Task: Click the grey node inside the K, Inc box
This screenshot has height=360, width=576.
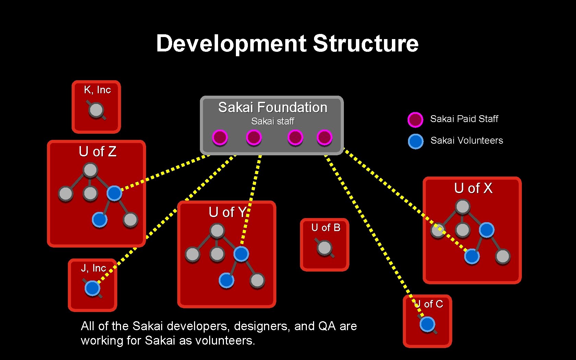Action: tap(96, 110)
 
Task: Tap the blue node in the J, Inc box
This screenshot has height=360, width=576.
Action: tap(92, 288)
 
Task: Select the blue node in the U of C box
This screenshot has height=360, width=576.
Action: tap(427, 324)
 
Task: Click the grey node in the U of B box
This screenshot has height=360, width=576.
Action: tap(324, 248)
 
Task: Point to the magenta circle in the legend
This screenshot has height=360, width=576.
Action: tap(415, 119)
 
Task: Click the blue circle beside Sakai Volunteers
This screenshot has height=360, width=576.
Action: tap(416, 141)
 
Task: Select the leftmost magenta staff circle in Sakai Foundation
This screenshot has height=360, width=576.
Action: tap(220, 137)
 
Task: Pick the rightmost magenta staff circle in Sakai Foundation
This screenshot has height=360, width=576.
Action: tap(324, 137)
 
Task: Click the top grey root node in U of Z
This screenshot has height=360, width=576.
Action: tap(90, 170)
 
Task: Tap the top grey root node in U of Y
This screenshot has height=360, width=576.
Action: tap(217, 231)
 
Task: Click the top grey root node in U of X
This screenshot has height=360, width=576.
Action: tap(463, 207)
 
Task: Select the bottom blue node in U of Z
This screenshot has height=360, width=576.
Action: tap(99, 219)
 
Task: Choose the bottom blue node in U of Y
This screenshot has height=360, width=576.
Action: tap(226, 280)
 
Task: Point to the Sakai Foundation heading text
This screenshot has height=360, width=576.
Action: tap(273, 107)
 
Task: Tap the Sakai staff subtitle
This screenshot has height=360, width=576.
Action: tap(273, 121)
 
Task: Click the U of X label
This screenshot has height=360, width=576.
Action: tap(473, 188)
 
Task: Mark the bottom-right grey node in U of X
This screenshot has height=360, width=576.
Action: tap(503, 256)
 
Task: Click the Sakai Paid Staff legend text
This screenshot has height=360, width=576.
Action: tap(464, 119)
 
